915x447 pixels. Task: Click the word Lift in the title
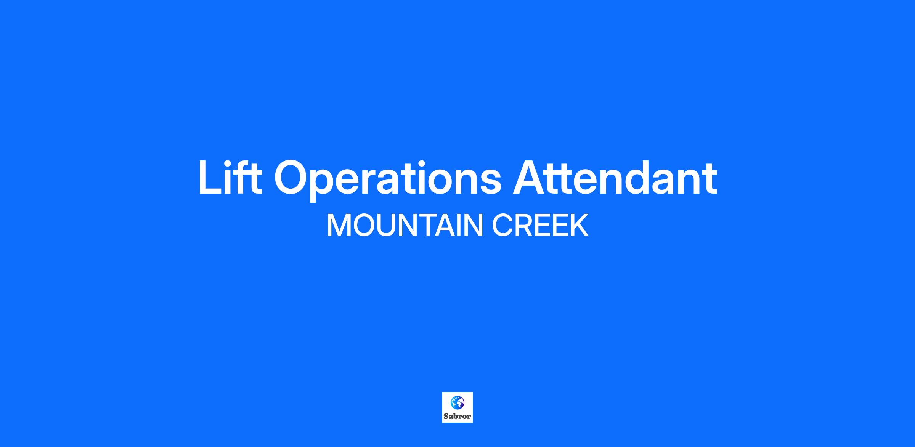[x=230, y=178]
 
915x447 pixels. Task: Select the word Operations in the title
[x=388, y=180]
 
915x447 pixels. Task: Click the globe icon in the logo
[x=457, y=402]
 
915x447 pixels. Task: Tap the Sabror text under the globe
[x=457, y=416]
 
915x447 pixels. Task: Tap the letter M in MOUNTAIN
[x=338, y=225]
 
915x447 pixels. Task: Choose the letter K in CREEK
[x=579, y=225]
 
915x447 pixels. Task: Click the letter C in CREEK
[x=502, y=225]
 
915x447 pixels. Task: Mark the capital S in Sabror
[x=446, y=416]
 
